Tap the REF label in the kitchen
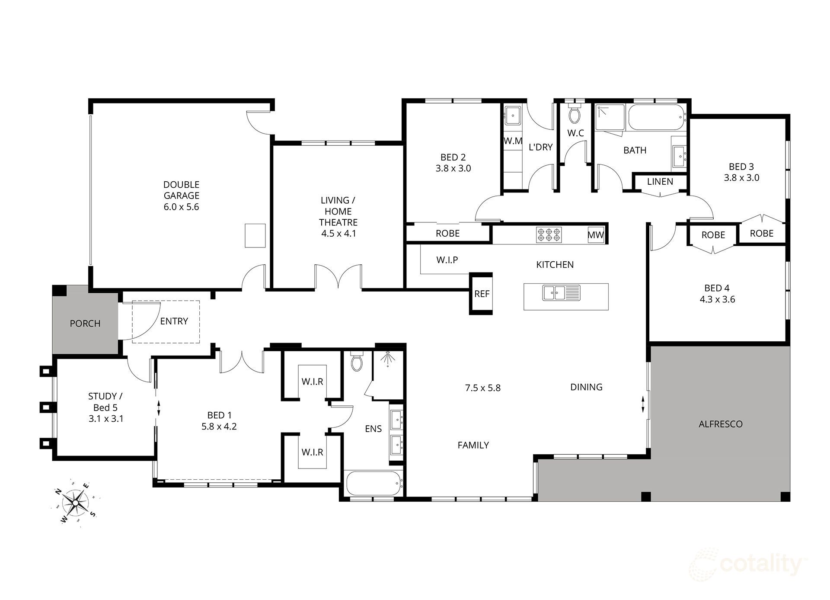(x=482, y=294)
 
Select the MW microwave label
(x=595, y=235)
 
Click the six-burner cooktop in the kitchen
(x=549, y=234)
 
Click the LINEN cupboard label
(x=660, y=182)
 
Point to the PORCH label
(x=85, y=324)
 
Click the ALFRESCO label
(x=721, y=424)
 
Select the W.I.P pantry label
(x=447, y=260)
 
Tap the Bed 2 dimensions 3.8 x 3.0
(x=453, y=169)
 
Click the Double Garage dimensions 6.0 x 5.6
(x=181, y=207)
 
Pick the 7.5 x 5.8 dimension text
(x=482, y=388)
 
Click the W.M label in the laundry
(x=513, y=141)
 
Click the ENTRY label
(x=174, y=321)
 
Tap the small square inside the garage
(x=255, y=235)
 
